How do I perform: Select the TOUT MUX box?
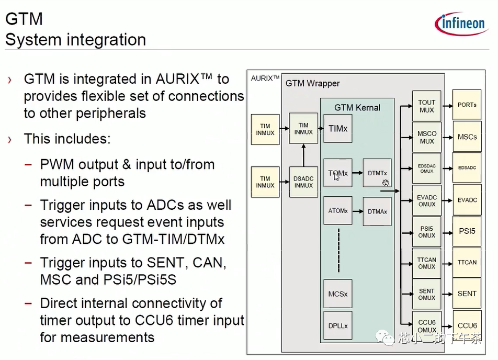coord(426,106)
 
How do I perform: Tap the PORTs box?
coord(467,105)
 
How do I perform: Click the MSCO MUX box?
coord(426,137)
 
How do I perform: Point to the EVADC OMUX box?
coord(426,200)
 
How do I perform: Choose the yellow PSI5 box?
coord(467,231)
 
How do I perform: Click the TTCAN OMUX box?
coord(426,263)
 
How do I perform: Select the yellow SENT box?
coord(467,294)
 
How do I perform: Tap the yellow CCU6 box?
coord(467,325)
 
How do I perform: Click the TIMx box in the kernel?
coord(338,129)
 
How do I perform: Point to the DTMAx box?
coord(377,211)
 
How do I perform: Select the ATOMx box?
coord(338,211)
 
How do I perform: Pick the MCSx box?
coord(338,294)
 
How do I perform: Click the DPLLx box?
coord(338,326)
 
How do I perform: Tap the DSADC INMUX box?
coord(303,182)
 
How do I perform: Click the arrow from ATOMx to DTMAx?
coord(357,211)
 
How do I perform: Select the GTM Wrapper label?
coord(312,84)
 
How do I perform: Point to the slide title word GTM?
coord(24,19)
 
